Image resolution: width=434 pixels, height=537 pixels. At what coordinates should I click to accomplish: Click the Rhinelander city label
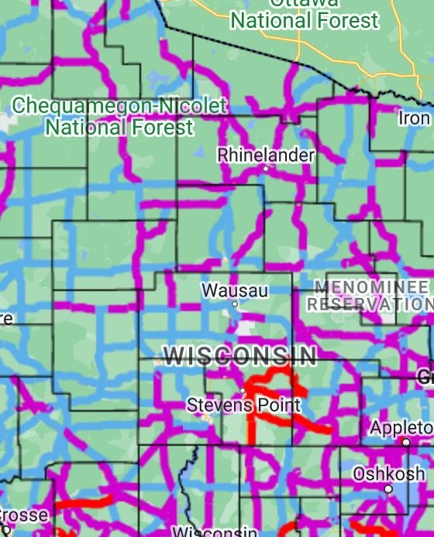[x=266, y=155]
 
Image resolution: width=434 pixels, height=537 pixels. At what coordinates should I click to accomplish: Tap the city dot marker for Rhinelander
[x=266, y=168]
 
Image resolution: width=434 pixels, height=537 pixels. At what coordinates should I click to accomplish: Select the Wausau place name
[x=235, y=290]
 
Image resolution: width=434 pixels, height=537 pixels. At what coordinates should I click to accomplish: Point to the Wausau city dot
[x=235, y=304]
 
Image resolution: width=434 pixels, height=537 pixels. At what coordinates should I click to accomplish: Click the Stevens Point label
[x=243, y=405]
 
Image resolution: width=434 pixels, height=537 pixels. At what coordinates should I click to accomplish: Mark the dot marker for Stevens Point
[x=242, y=392]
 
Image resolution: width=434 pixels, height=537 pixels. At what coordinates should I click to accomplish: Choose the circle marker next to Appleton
[x=405, y=442]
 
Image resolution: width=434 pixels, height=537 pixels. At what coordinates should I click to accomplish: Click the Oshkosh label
[x=388, y=474]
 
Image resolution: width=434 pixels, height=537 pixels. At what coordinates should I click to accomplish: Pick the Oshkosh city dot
[x=388, y=489]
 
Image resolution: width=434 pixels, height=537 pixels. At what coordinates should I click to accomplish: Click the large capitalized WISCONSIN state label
[x=240, y=356]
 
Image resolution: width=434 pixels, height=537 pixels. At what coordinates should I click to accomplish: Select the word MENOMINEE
[x=370, y=288]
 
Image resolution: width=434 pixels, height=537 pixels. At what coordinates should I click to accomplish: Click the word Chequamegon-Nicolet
[x=120, y=106]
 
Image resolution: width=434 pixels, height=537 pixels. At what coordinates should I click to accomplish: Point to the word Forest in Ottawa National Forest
[x=346, y=20]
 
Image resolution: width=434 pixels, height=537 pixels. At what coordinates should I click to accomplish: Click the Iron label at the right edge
[x=414, y=118]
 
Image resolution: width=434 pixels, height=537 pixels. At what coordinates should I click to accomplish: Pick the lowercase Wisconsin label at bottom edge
[x=214, y=532]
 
